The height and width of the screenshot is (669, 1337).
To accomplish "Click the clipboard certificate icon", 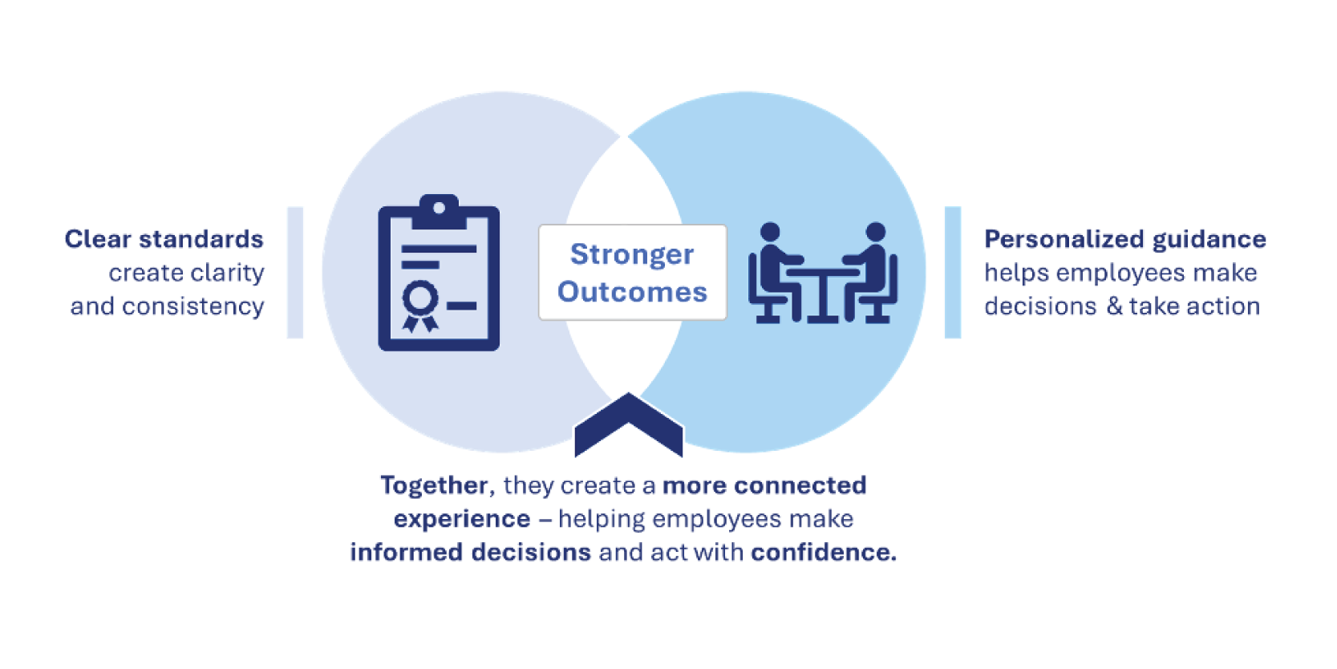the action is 439,273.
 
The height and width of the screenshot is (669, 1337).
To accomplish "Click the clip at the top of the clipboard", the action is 440,211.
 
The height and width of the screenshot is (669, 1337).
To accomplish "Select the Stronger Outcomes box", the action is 633,273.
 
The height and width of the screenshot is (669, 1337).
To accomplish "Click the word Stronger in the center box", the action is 631,255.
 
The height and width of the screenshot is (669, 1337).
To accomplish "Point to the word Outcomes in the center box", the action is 632,292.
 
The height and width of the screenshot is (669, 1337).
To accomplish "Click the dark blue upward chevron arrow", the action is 629,425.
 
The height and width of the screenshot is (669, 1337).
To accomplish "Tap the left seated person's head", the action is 770,232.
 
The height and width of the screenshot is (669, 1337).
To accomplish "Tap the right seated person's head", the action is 876,232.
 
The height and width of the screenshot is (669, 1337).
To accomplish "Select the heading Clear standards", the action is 164,239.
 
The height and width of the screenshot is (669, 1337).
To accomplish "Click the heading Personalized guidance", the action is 1125,239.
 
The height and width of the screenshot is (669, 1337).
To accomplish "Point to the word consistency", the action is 193,306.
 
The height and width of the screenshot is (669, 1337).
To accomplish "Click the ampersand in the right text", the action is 1114,306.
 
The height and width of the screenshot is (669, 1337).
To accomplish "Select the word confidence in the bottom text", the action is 824,552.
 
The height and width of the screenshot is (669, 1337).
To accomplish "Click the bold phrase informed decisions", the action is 470,552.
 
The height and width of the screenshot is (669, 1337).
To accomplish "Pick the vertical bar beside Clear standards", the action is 295,273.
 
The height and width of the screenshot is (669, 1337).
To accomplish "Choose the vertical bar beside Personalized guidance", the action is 953,273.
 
